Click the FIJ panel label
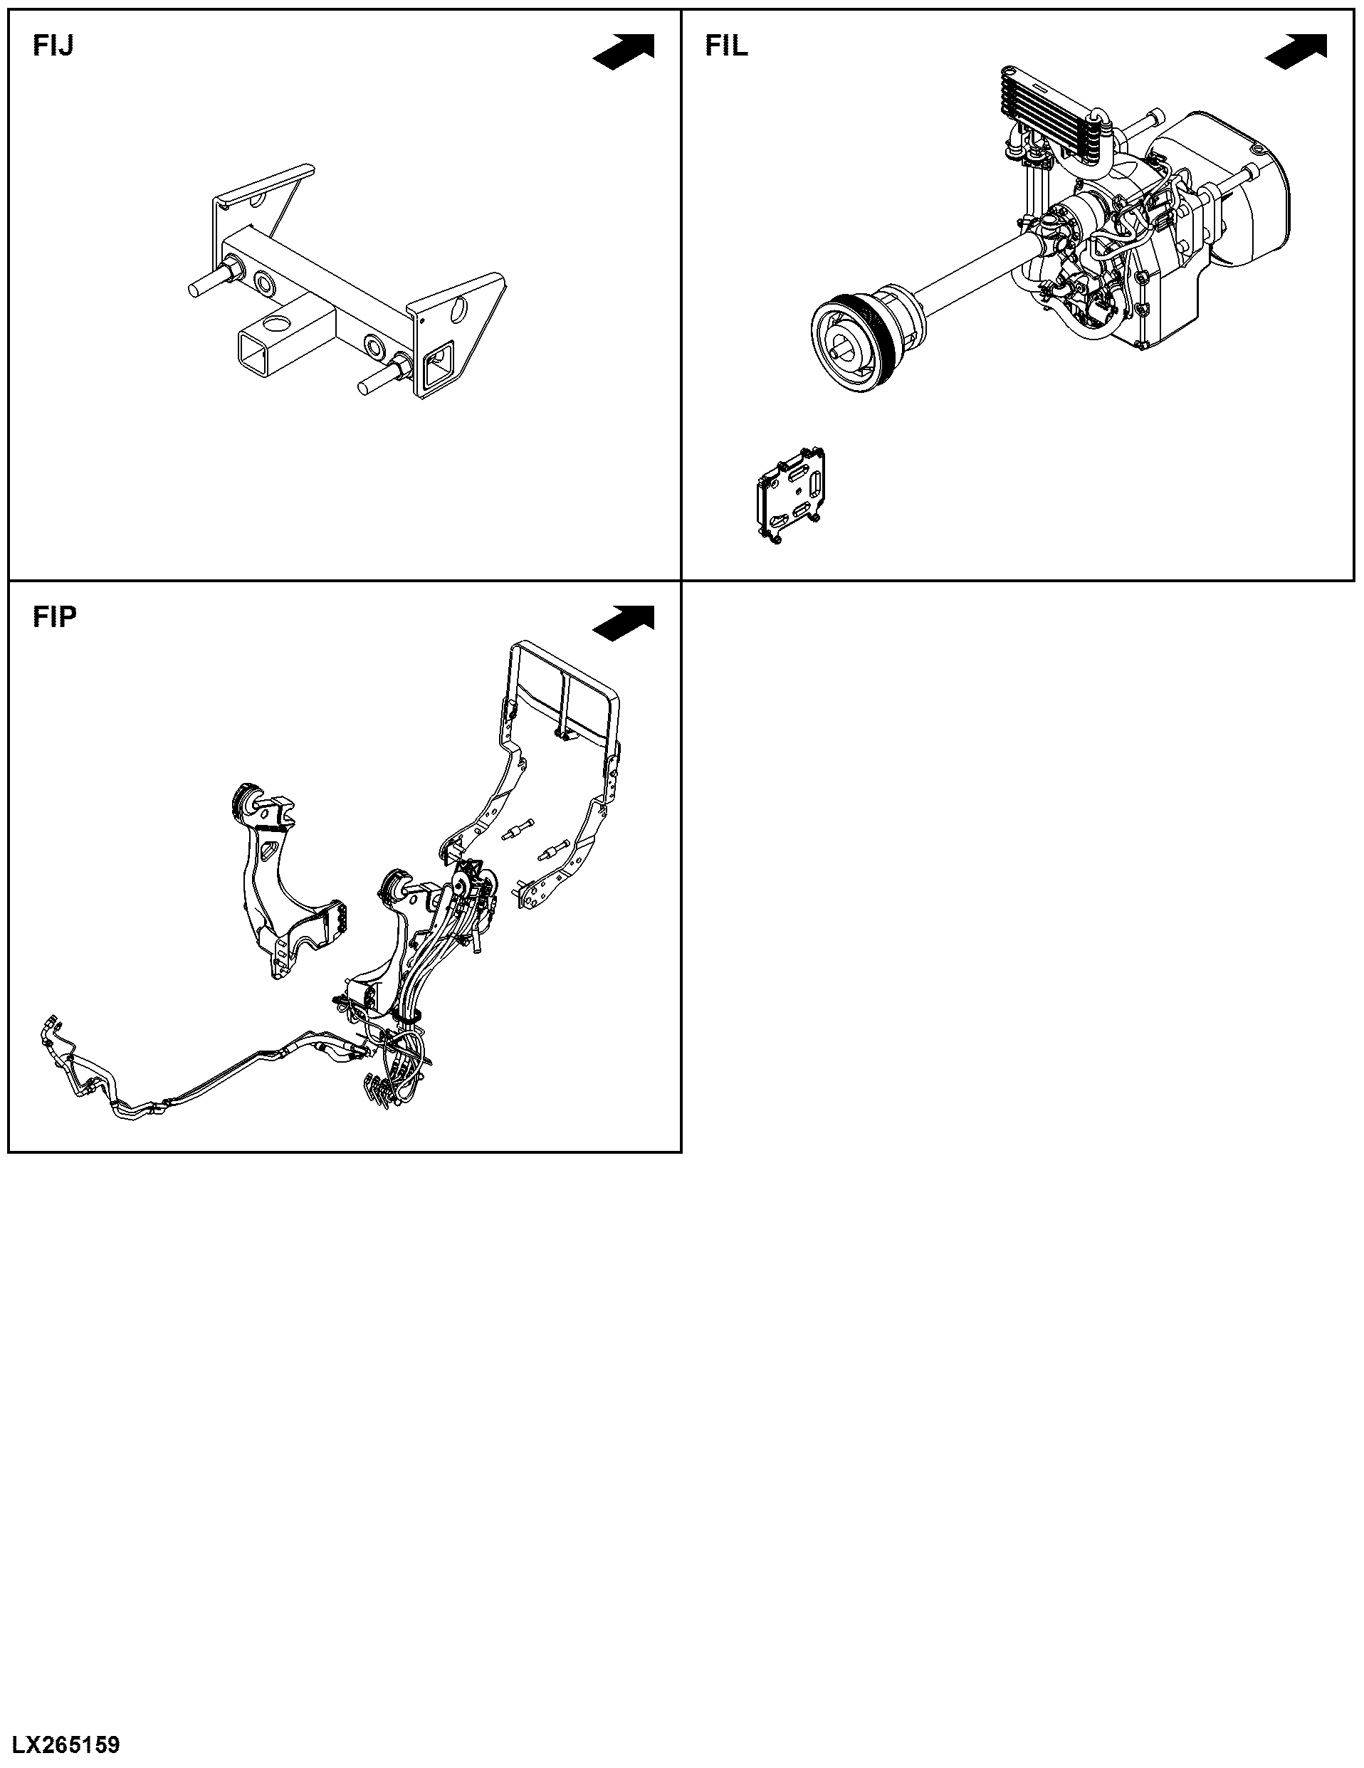[53, 46]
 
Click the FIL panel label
[727, 46]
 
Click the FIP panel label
[55, 617]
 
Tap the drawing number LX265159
[65, 1743]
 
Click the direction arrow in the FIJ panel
[624, 51]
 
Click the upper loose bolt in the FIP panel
[518, 830]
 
